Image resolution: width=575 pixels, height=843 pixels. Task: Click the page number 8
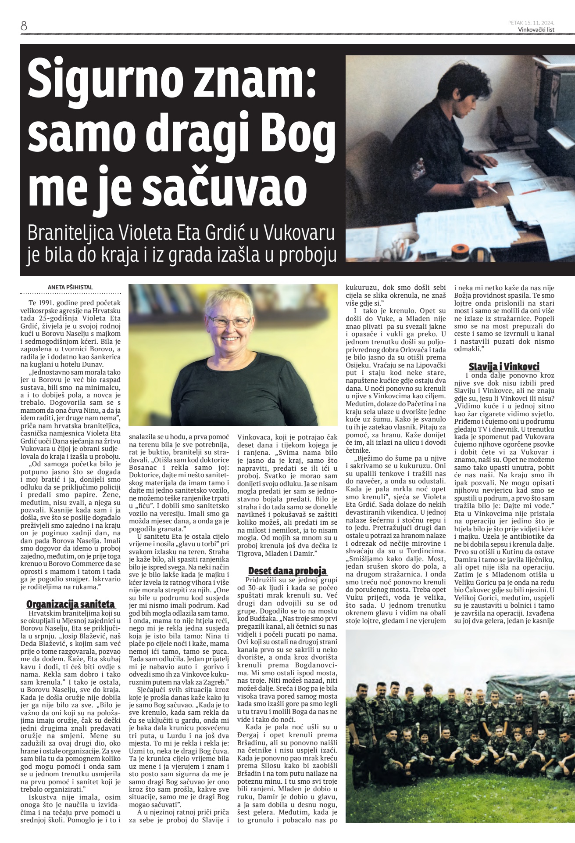pyautogui.click(x=24, y=26)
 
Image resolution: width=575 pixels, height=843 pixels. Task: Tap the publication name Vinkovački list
pyautogui.click(x=536, y=30)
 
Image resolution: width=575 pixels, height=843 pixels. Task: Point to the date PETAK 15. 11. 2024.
pyautogui.click(x=531, y=23)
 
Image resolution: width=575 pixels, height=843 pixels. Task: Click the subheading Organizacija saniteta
pyautogui.click(x=71, y=604)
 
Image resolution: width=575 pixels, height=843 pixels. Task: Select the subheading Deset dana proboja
pyautogui.click(x=287, y=571)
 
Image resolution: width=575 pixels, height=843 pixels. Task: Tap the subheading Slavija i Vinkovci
pyautogui.click(x=504, y=367)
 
